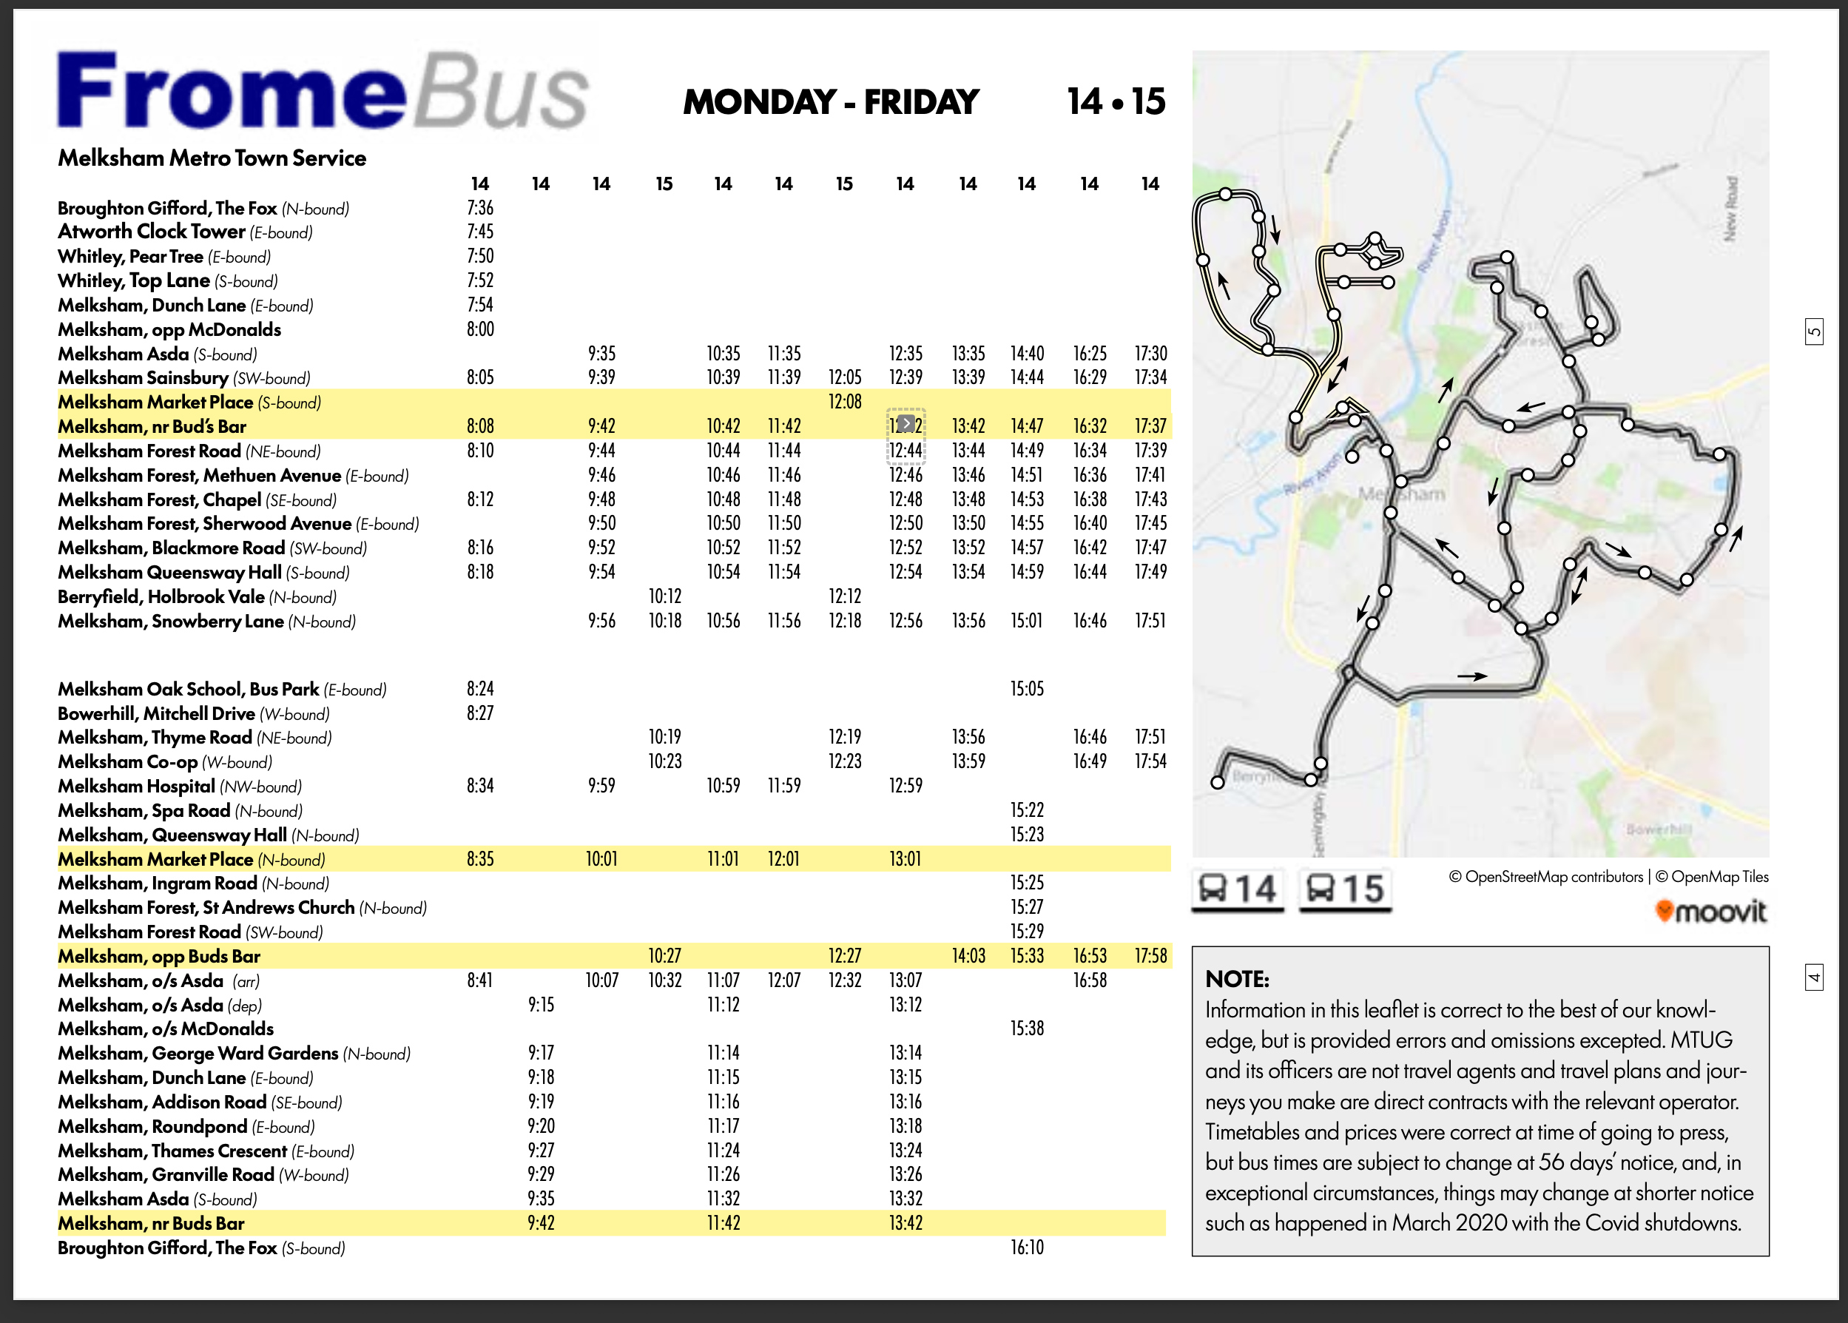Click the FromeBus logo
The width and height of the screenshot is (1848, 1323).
click(x=322, y=91)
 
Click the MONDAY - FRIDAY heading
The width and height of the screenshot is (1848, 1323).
click(x=830, y=102)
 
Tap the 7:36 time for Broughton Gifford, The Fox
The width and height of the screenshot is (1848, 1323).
click(x=479, y=209)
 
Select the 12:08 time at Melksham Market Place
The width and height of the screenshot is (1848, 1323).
click(x=845, y=402)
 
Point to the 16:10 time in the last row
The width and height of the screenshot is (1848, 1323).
click(x=1026, y=1248)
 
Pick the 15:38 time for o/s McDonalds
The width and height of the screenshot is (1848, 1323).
click(x=1026, y=1028)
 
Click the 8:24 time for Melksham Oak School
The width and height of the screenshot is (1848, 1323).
click(x=479, y=689)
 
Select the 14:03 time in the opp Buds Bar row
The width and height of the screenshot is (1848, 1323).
click(x=968, y=955)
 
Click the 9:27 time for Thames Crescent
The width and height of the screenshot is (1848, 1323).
click(x=541, y=1151)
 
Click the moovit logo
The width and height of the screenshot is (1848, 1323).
click(x=1711, y=911)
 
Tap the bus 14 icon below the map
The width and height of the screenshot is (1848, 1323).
click(x=1237, y=889)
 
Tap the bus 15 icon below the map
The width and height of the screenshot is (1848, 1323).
click(x=1345, y=889)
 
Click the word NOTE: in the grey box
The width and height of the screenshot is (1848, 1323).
click(x=1237, y=979)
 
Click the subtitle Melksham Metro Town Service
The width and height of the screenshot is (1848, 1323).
click(x=212, y=158)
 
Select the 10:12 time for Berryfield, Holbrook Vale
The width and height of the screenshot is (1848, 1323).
click(x=664, y=596)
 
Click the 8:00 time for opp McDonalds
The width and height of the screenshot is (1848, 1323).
click(x=479, y=329)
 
